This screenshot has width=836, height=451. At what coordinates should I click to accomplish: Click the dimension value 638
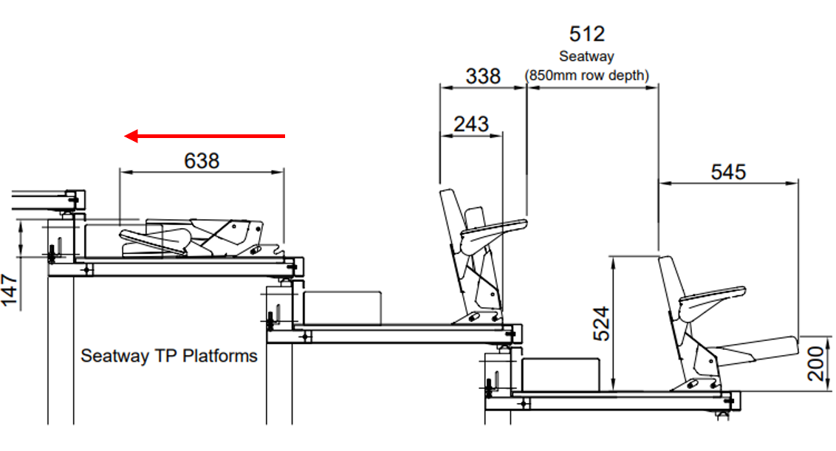tap(202, 160)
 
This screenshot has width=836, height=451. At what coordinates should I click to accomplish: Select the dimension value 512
tap(587, 34)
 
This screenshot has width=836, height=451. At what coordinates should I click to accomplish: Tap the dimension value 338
tap(483, 76)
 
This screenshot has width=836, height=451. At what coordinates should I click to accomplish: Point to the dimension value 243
tap(471, 123)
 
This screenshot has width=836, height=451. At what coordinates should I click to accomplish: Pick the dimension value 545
tap(728, 172)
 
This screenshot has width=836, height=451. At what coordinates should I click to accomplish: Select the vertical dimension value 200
tap(816, 359)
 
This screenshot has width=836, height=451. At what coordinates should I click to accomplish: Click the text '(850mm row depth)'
tap(587, 75)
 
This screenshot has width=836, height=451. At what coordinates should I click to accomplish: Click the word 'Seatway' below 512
tap(587, 56)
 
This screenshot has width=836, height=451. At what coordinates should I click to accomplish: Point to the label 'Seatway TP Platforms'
tap(169, 356)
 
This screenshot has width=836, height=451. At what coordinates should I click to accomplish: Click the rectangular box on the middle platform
tap(341, 306)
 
